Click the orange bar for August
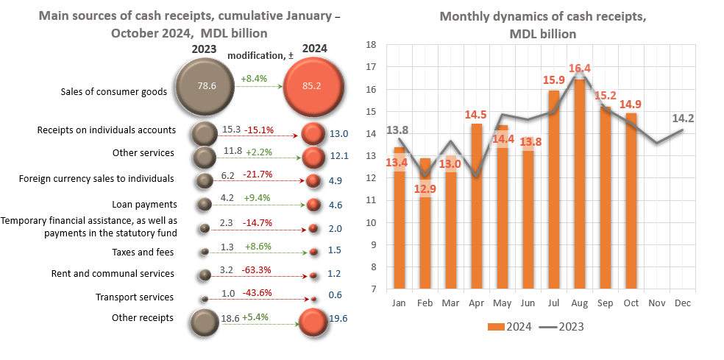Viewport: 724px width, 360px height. [580, 184]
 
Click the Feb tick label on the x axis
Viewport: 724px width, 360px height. [425, 303]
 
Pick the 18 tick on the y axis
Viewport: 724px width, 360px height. [372, 45]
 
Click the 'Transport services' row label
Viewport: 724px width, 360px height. [135, 297]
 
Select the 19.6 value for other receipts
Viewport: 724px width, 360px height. [340, 318]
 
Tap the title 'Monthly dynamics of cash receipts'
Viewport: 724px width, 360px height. [543, 17]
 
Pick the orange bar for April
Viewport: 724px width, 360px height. [477, 206]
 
